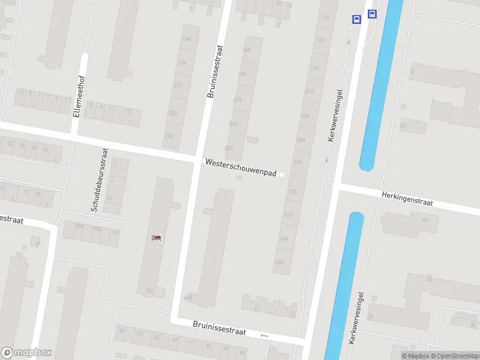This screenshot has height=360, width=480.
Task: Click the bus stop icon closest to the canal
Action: pyautogui.click(x=372, y=14)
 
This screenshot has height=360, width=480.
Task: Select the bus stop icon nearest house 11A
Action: pyautogui.click(x=356, y=19)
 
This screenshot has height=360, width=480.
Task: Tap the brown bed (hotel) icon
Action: pyautogui.click(x=157, y=238)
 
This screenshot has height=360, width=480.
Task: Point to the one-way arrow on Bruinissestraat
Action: pyautogui.click(x=264, y=335)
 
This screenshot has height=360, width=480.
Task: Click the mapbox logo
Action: pyautogui.click(x=26, y=353)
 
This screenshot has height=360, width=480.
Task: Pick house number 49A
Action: pyautogui.click(x=279, y=262)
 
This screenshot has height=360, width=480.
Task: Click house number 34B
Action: pyautogui.click(x=189, y=297)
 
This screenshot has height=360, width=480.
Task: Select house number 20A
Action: pyautogui.click(x=79, y=226)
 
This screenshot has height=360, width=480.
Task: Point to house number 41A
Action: pyautogui.click(x=289, y=214)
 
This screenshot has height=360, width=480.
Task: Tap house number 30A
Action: pyautogui.click(x=228, y=148)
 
